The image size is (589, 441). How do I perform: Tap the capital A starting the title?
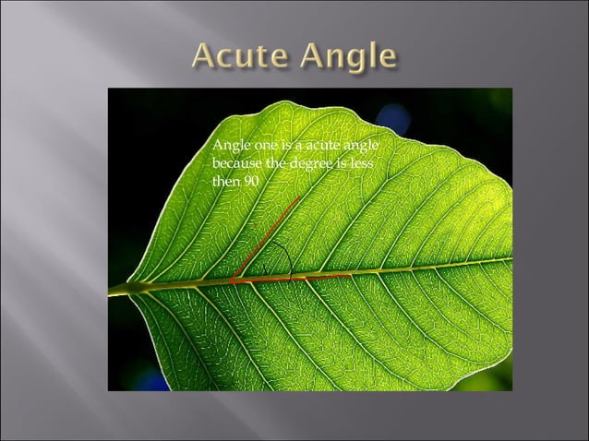(x=206, y=57)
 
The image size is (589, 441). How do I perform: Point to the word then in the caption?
(x=225, y=181)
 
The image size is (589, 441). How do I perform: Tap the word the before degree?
(x=276, y=164)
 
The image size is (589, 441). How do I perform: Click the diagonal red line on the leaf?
(x=268, y=234)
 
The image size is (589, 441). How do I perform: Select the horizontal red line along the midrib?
(x=295, y=277)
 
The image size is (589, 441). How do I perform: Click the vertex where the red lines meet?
(x=233, y=280)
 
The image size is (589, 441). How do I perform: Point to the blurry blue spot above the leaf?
(x=393, y=118)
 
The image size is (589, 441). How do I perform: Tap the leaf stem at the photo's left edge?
(x=114, y=292)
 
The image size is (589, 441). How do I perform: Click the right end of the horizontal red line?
(x=350, y=275)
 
